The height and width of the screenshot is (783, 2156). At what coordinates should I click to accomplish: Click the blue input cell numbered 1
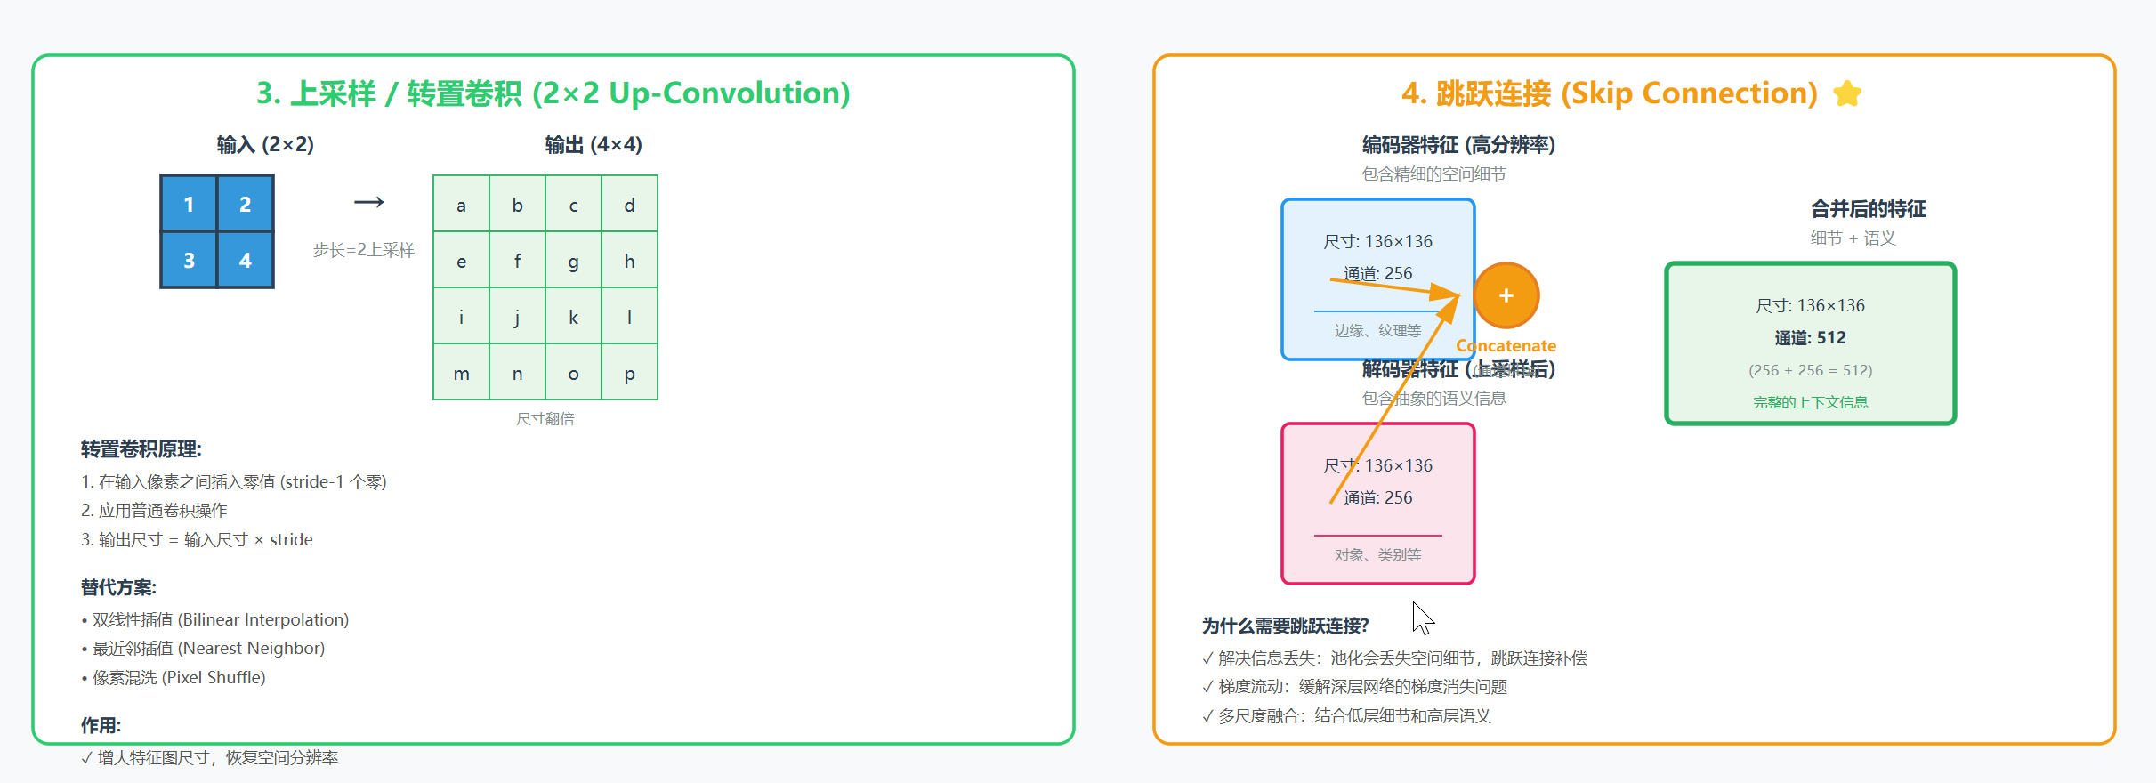[189, 204]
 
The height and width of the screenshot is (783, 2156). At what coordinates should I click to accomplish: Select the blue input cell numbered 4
[245, 260]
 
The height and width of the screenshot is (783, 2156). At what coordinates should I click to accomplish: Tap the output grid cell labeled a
[461, 205]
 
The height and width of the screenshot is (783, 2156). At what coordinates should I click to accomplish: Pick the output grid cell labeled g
[573, 261]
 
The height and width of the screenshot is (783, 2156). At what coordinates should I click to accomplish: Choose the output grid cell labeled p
[629, 373]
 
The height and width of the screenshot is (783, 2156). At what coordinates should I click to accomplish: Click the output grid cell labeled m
[461, 373]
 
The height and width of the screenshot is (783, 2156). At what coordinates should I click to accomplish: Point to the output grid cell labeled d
[629, 205]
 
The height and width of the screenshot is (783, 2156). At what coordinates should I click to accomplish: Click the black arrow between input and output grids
[368, 202]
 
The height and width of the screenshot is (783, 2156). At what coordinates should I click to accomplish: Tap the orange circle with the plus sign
[1506, 295]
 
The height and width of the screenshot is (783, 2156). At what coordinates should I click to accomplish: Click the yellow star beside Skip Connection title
[1847, 93]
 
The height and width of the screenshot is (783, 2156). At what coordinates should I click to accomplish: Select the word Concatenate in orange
[1506, 345]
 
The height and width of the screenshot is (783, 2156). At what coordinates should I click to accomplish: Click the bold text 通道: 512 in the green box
[1810, 337]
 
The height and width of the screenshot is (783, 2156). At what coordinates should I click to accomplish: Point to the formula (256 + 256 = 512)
[1810, 370]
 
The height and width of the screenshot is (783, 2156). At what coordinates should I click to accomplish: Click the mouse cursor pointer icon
[1422, 618]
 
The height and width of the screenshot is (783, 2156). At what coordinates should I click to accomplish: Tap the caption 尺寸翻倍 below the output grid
[545, 418]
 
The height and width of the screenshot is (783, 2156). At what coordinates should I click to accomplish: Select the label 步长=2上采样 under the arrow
[363, 250]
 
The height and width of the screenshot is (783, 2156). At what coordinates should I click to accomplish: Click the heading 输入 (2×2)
[265, 144]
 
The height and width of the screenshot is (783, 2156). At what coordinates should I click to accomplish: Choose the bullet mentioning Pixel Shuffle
[178, 677]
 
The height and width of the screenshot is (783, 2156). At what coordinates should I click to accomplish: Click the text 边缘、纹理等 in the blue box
[1377, 330]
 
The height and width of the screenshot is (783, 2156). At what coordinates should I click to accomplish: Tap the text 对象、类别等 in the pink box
[1377, 554]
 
